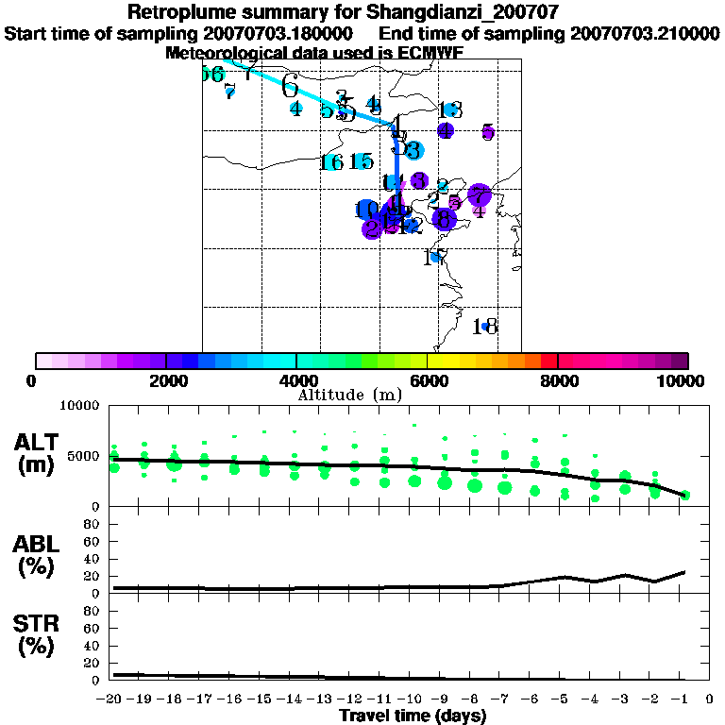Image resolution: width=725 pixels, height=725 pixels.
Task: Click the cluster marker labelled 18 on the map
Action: click(485, 327)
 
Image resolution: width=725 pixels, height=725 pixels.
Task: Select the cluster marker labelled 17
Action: click(435, 257)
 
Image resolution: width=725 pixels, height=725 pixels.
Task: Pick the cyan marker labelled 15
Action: click(362, 161)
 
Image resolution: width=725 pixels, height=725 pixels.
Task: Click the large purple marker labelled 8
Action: click(444, 219)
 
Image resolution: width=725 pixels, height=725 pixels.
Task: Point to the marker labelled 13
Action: click(449, 110)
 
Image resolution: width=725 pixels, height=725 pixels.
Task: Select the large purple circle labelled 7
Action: click(480, 195)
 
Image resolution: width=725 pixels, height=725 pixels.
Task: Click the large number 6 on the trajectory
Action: click(290, 87)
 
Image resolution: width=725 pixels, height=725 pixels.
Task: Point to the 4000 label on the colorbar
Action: click(296, 380)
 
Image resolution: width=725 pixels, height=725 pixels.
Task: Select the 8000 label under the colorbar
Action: click(558, 380)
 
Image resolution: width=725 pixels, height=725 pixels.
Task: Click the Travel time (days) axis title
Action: click(413, 716)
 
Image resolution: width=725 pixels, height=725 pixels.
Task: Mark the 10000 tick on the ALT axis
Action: click(81, 406)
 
